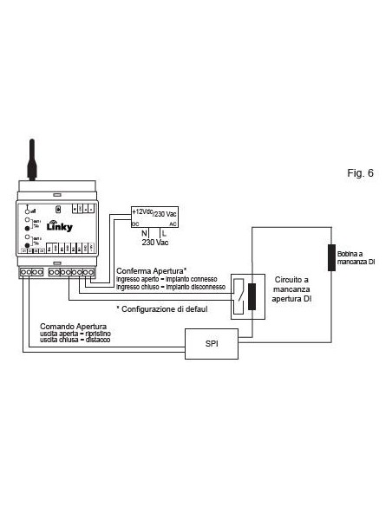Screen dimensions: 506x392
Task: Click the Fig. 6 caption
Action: [361, 172]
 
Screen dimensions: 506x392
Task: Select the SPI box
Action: [212, 343]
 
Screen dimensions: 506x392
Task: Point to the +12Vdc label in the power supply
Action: [143, 211]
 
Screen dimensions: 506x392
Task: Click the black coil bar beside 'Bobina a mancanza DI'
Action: [332, 257]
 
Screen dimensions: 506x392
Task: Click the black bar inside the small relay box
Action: [252, 296]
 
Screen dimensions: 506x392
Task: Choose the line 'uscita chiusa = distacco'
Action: [74, 341]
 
